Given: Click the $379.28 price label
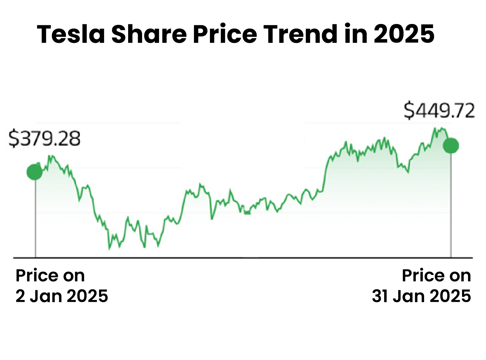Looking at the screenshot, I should [x=44, y=138].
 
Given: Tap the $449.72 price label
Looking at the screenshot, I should [x=439, y=111].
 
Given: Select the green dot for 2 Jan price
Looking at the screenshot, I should [x=35, y=172].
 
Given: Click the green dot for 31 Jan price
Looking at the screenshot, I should [x=451, y=145].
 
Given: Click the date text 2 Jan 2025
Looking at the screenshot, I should [x=62, y=296].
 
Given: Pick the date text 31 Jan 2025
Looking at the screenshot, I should [x=421, y=296].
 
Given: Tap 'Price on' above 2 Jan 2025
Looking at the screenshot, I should [x=50, y=276].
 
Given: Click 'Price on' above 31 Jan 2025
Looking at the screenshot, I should [x=436, y=276].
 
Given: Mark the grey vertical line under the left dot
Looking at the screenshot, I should [x=35, y=217].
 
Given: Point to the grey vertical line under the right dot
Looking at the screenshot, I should [x=451, y=205].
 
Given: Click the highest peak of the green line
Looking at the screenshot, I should [x=435, y=128].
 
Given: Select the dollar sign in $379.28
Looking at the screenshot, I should [x=13, y=139].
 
